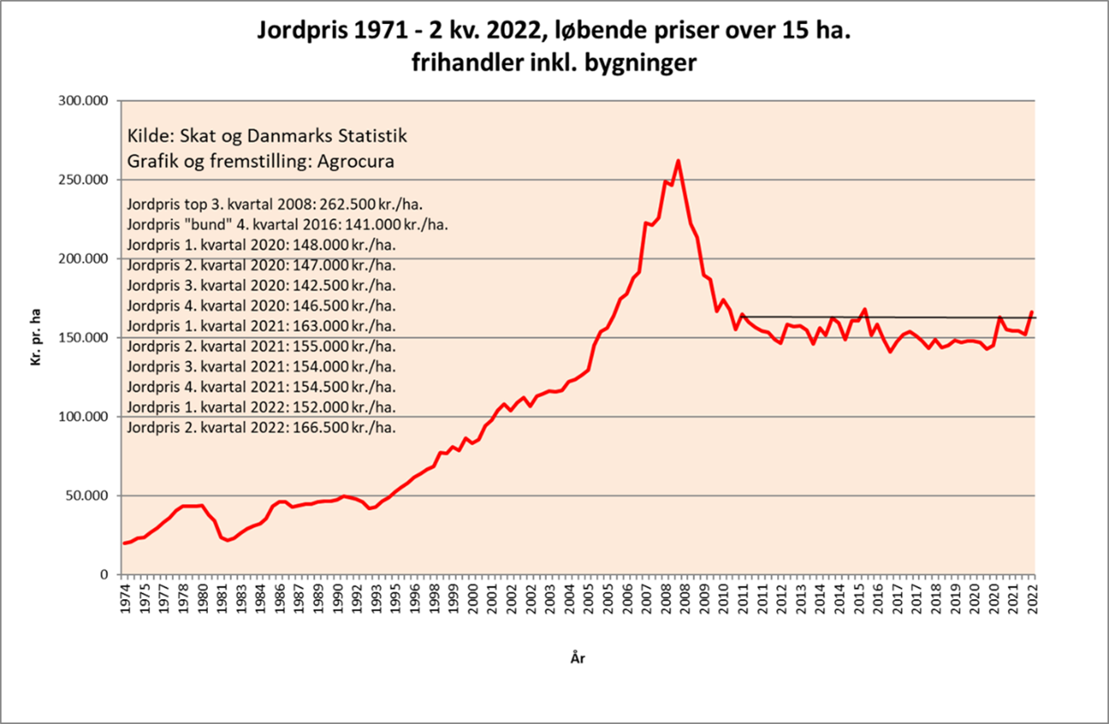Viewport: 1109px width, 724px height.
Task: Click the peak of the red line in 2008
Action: point(678,160)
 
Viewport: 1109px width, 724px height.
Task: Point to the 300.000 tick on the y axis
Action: point(82,101)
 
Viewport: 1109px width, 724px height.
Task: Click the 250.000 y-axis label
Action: point(82,180)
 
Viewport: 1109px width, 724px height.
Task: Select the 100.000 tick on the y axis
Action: point(82,416)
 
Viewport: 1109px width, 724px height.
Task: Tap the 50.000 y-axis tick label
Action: point(86,496)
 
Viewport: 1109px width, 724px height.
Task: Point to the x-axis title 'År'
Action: point(578,659)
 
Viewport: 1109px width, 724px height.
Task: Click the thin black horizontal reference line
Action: point(892,317)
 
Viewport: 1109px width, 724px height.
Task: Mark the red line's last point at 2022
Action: point(1033,312)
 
